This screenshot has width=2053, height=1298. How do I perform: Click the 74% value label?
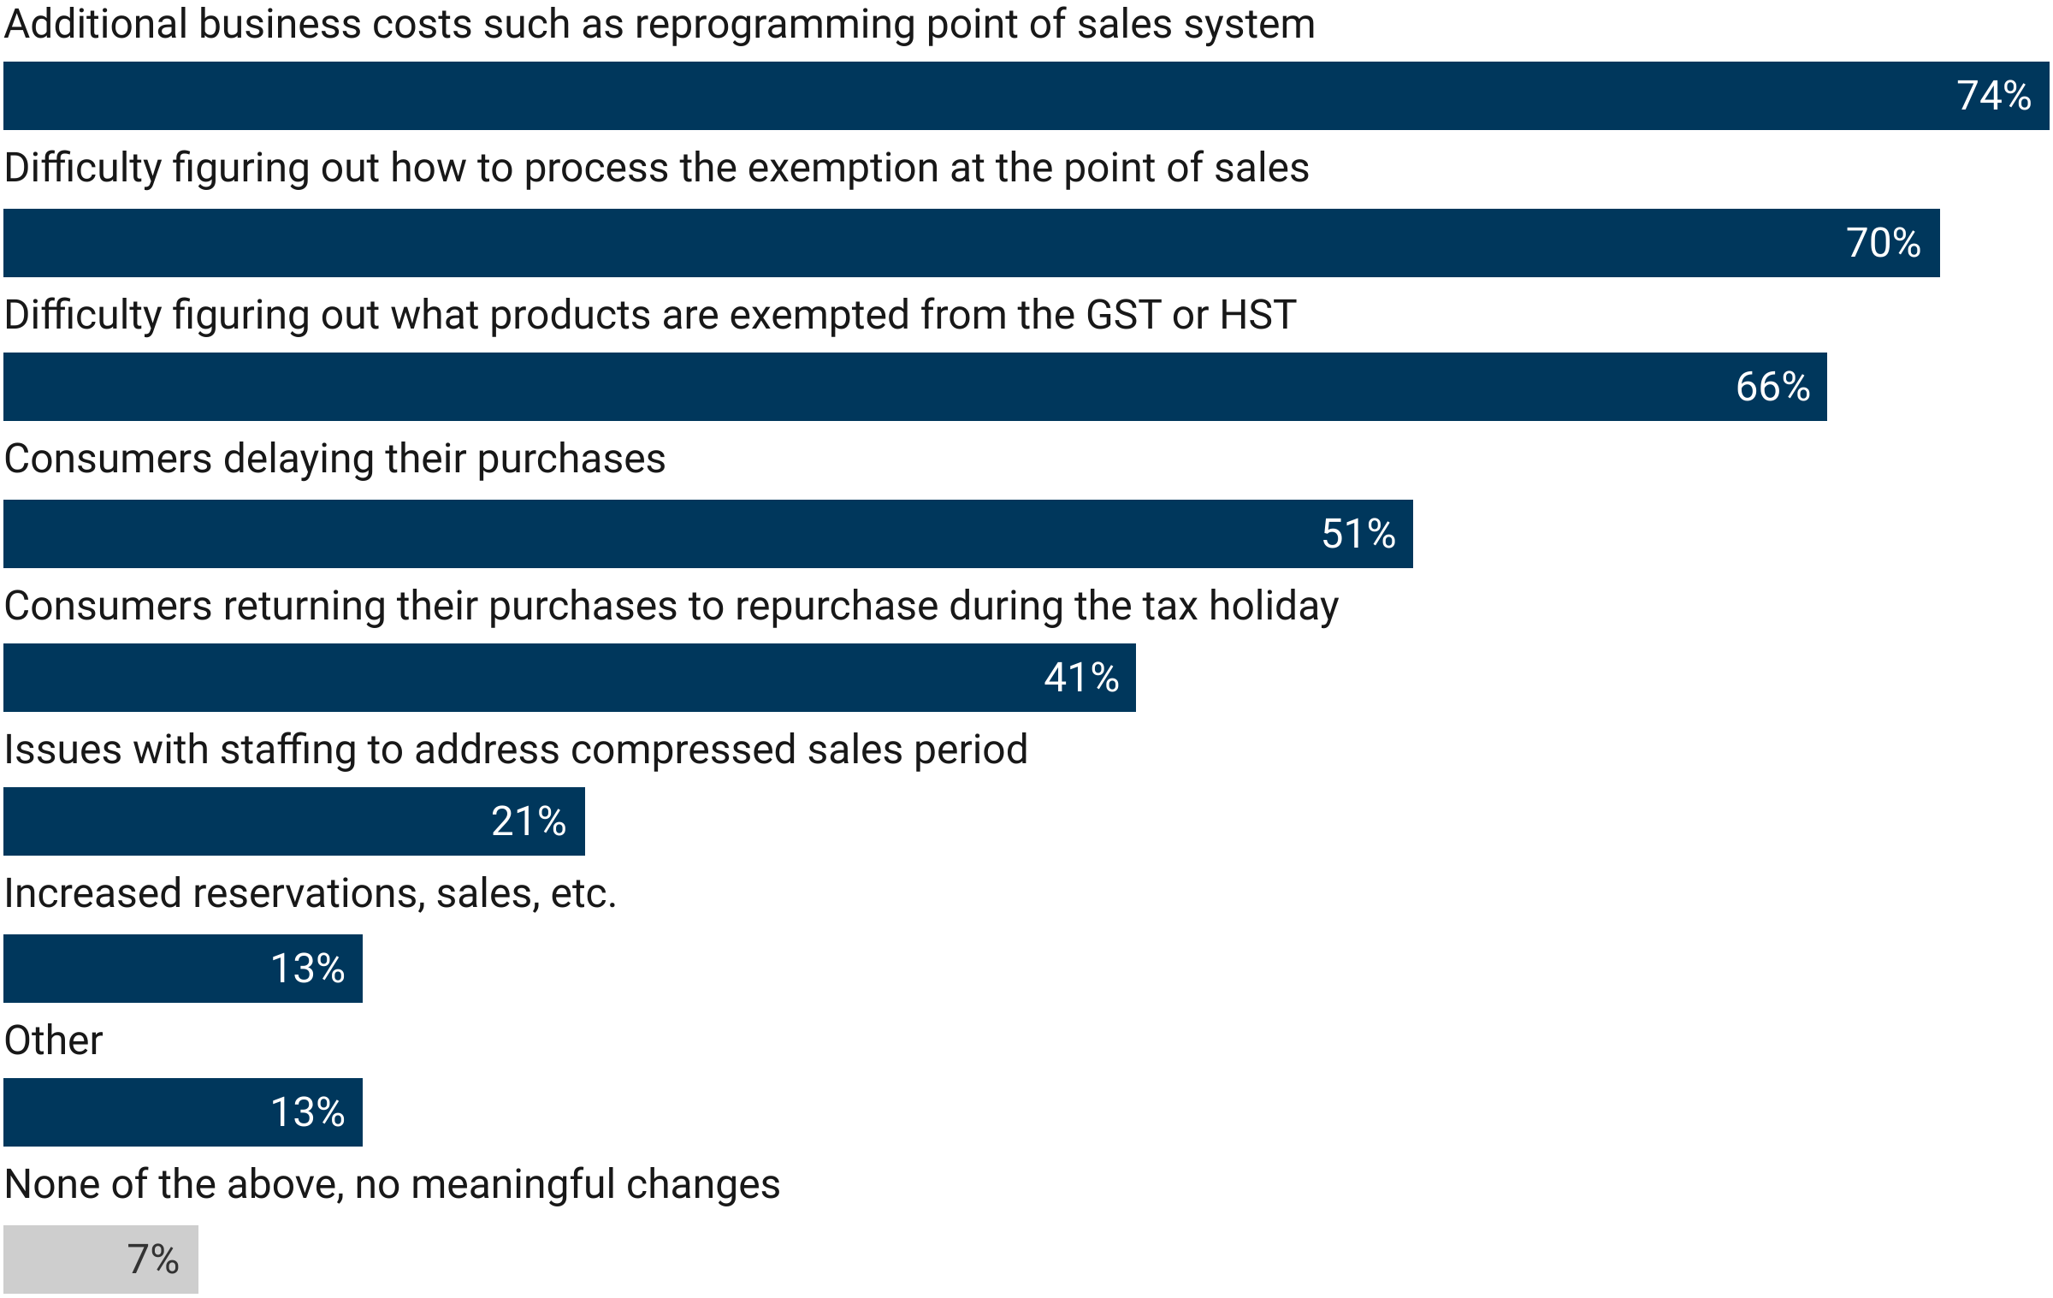tap(1993, 96)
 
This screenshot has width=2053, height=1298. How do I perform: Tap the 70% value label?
tap(1883, 243)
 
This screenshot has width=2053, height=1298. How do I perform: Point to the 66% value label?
tap(1772, 387)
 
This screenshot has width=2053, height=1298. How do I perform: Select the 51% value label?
tap(1358, 534)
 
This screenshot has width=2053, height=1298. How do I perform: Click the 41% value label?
tap(1081, 678)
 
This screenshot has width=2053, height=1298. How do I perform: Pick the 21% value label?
tap(529, 821)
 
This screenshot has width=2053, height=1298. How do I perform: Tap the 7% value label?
tap(153, 1259)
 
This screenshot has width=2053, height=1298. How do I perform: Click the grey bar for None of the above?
tap(68, 1259)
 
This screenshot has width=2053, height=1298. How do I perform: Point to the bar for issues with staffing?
tap(240, 821)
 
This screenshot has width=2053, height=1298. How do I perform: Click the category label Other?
tap(53, 1040)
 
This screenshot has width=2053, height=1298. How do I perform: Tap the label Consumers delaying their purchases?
tap(334, 459)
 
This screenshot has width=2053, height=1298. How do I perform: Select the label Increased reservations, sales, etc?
tap(310, 893)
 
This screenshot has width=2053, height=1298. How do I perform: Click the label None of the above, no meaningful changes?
tap(392, 1184)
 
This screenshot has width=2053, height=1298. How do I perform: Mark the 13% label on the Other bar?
tap(307, 1112)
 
